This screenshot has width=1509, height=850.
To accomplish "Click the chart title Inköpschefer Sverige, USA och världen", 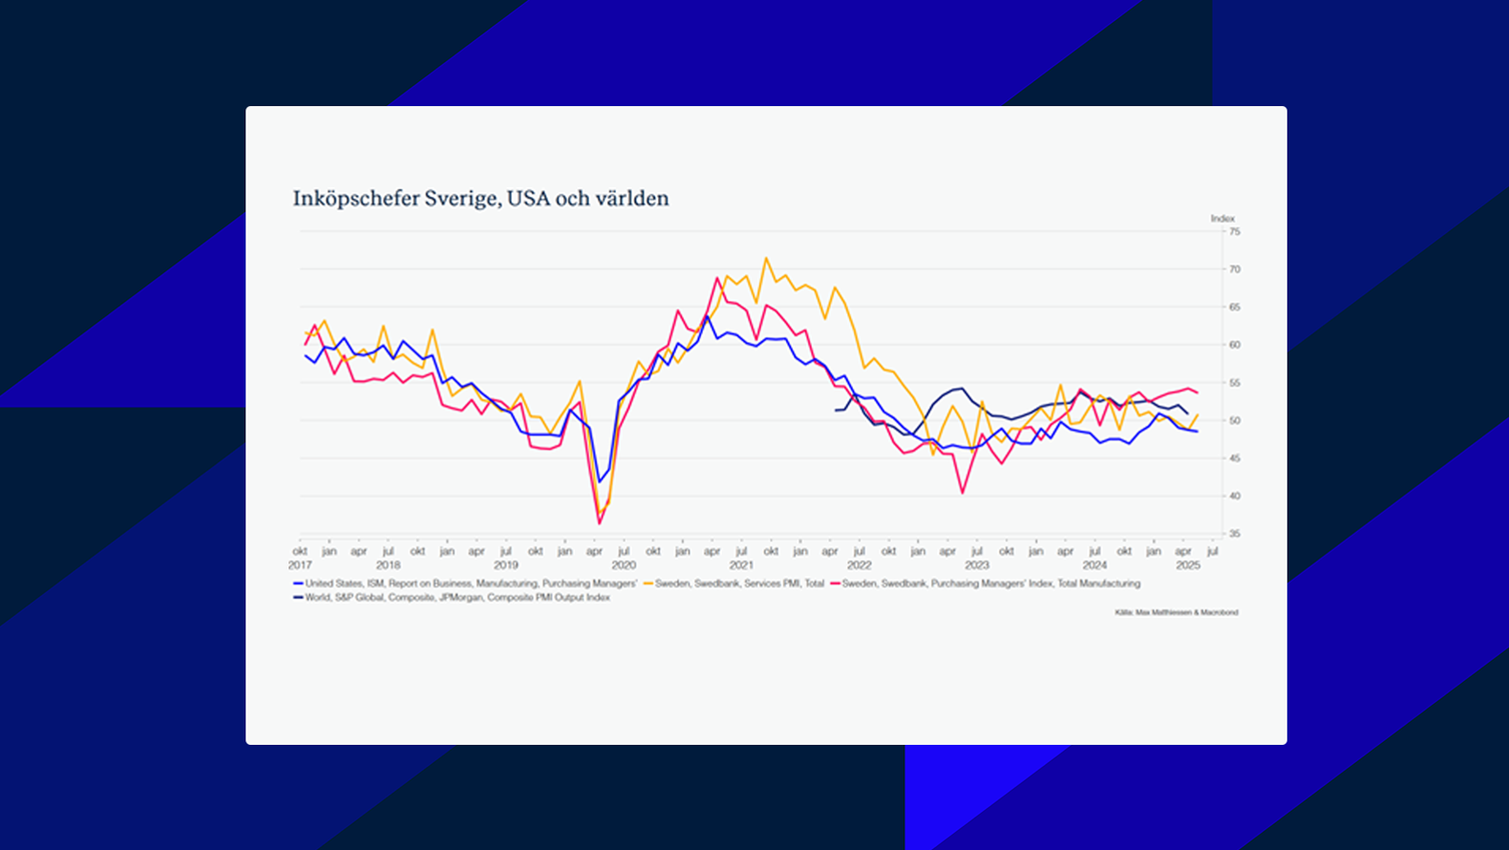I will pyautogui.click(x=480, y=199).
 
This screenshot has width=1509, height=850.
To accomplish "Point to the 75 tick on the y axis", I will pyautogui.click(x=1235, y=232).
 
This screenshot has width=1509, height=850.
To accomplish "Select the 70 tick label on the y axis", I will pyautogui.click(x=1235, y=269).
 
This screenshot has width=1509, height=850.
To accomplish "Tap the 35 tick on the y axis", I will pyautogui.click(x=1235, y=534).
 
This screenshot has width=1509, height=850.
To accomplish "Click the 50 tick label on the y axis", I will pyautogui.click(x=1235, y=420).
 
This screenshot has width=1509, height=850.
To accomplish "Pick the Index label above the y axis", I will pyautogui.click(x=1222, y=219).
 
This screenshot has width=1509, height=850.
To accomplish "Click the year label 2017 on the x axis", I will pyautogui.click(x=300, y=565).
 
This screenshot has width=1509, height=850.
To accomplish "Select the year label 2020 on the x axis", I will pyautogui.click(x=624, y=565).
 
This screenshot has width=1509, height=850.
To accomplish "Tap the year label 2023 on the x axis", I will pyautogui.click(x=976, y=565).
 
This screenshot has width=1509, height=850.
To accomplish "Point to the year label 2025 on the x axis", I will pyautogui.click(x=1188, y=565).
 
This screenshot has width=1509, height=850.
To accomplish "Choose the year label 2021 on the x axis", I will pyautogui.click(x=741, y=565).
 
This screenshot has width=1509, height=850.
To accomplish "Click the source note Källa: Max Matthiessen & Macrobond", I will pyautogui.click(x=1176, y=612).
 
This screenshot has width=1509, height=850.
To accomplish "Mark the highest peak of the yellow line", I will pyautogui.click(x=766, y=258).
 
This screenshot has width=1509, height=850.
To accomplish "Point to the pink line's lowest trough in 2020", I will pyautogui.click(x=600, y=522).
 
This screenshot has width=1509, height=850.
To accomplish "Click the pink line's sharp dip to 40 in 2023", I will pyautogui.click(x=963, y=493).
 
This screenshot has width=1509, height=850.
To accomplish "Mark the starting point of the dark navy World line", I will pyautogui.click(x=836, y=410).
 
